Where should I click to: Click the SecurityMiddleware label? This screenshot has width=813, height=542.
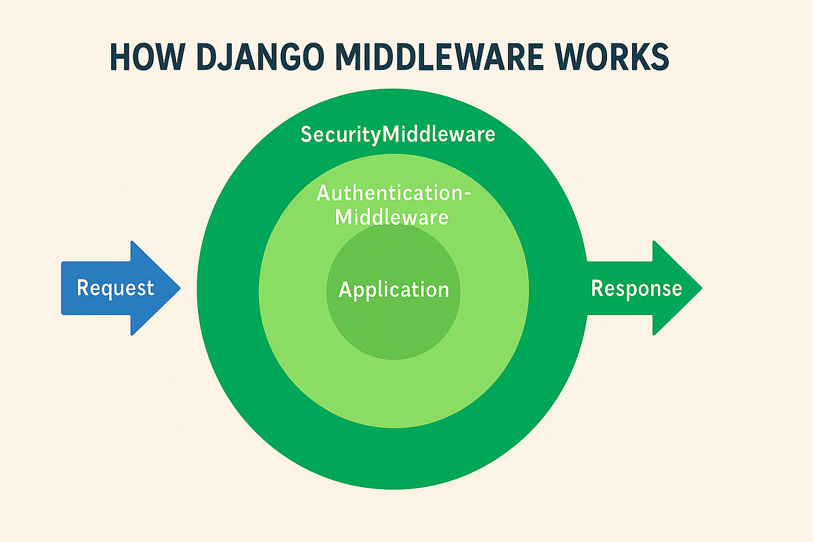398,134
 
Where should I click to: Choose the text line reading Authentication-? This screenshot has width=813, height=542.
394,194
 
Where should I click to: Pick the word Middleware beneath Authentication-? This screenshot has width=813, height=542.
392,217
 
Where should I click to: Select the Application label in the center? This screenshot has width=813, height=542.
394,290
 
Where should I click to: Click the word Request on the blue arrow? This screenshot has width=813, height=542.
115,288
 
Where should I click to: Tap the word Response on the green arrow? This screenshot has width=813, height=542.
636,289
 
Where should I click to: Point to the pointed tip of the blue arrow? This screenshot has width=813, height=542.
179,289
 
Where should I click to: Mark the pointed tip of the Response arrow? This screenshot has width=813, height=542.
701,289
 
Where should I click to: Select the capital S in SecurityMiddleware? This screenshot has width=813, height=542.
306,134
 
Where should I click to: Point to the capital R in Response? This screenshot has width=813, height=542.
597,289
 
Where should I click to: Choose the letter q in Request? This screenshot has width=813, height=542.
106,290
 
